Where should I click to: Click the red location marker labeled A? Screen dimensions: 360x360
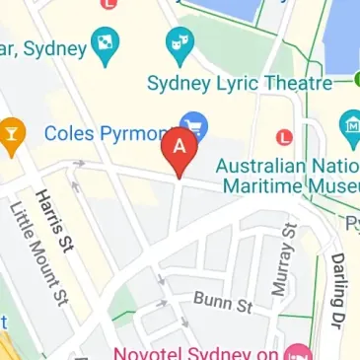tap(179, 148)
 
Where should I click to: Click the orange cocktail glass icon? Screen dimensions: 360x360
tap(11, 133)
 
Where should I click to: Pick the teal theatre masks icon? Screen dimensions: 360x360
tap(179, 40)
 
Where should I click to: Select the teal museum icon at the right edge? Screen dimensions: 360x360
tap(350, 125)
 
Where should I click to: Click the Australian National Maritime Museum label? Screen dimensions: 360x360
tap(286, 173)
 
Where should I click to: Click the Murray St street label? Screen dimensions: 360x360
tap(282, 253)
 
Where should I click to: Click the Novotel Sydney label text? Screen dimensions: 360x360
tap(197, 352)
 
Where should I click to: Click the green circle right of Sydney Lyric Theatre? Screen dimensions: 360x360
tap(352, 79)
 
